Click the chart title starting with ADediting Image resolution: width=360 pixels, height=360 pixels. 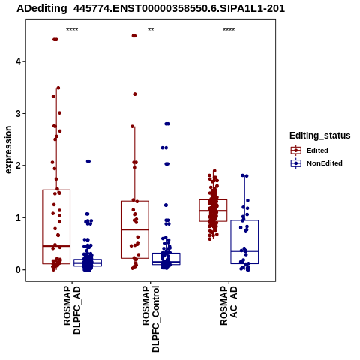[151, 9]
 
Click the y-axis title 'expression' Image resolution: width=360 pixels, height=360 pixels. [8, 150]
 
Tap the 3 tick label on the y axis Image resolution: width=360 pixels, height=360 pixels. [19, 113]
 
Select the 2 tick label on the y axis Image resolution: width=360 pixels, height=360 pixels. [19, 166]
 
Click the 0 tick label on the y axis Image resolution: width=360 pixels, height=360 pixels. [19, 270]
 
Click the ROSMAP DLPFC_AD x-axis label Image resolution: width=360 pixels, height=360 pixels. [72, 310]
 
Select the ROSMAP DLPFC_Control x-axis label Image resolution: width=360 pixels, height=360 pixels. [151, 319]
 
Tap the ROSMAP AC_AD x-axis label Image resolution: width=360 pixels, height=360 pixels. [229, 305]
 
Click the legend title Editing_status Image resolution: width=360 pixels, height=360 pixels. [320, 136]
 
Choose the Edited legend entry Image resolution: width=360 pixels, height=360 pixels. [310, 151]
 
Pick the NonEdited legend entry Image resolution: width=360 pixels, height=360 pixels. [316, 163]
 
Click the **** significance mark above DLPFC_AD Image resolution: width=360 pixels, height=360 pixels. [72, 30]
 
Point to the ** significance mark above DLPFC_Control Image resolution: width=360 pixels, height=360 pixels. [151, 30]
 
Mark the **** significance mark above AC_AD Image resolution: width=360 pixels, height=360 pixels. [229, 30]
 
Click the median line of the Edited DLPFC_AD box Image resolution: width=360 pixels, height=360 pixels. [56, 246]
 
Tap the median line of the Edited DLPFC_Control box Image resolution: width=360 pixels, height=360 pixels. [135, 229]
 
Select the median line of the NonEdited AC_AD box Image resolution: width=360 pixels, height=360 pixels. [244, 250]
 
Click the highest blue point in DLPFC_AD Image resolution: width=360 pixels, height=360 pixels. [88, 161]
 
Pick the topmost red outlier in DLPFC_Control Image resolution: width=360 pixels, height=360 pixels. [134, 36]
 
